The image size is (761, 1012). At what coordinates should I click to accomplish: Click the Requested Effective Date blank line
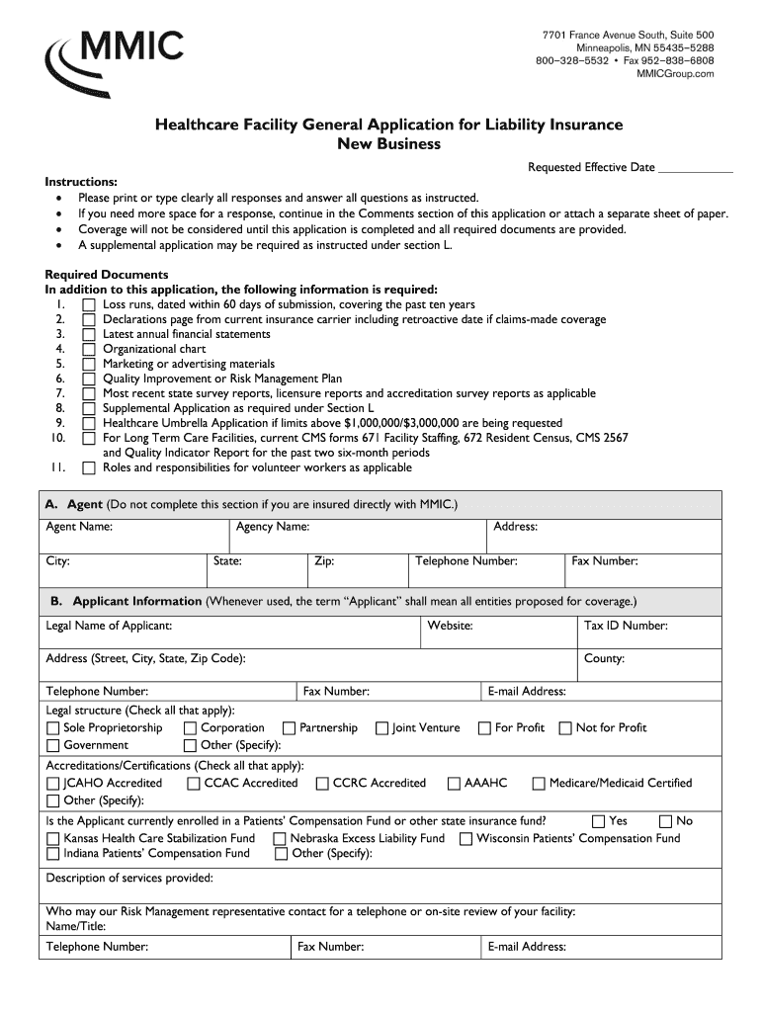click(x=695, y=168)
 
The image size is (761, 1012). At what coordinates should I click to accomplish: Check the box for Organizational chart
click(x=89, y=349)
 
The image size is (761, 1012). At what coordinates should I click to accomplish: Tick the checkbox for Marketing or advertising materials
click(x=89, y=364)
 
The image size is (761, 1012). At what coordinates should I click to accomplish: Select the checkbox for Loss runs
click(x=89, y=304)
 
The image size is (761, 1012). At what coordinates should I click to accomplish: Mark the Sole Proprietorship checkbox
click(x=53, y=728)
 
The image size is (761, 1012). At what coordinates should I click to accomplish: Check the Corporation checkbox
click(x=191, y=728)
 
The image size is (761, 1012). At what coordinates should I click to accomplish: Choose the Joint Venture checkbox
click(x=381, y=728)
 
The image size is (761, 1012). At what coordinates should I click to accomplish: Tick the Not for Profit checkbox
click(x=565, y=728)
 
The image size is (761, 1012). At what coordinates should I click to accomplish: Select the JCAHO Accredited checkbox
click(x=53, y=784)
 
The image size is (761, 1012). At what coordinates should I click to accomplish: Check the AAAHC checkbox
click(x=454, y=784)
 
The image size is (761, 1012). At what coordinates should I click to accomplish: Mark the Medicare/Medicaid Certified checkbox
click(x=539, y=784)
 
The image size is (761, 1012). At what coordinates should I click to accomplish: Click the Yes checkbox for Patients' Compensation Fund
click(x=598, y=821)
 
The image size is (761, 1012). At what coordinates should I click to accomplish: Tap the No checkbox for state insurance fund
click(x=665, y=821)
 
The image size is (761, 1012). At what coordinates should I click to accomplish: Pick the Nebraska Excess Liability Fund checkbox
click(x=280, y=839)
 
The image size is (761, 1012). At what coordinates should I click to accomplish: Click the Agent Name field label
click(x=79, y=527)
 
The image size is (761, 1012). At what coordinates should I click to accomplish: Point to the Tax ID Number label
click(x=626, y=626)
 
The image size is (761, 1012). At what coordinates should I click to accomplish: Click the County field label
click(x=604, y=658)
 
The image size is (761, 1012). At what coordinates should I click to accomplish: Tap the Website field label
click(x=450, y=626)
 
